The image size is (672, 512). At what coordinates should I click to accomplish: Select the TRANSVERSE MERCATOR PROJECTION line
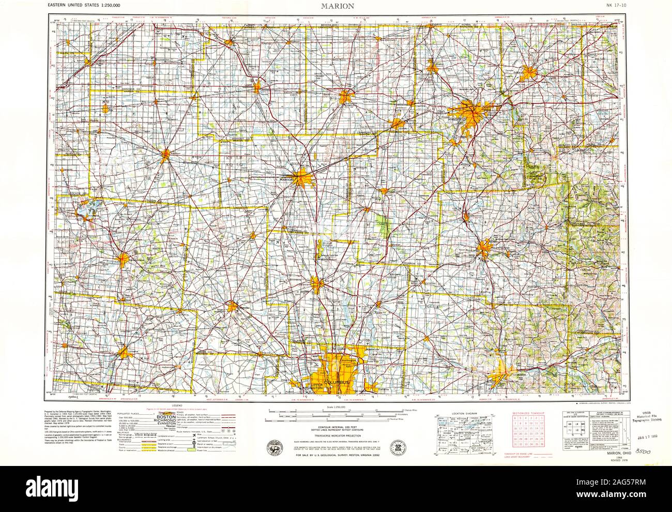click(336, 436)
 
